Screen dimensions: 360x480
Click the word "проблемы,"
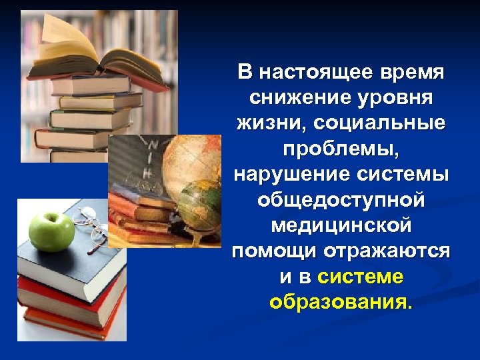[x=341, y=149]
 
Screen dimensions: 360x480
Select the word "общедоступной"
[x=341, y=200]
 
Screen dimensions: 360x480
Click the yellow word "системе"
[x=361, y=277]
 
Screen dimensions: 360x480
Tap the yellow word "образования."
[x=341, y=302]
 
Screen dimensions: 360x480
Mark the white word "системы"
[x=407, y=175]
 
